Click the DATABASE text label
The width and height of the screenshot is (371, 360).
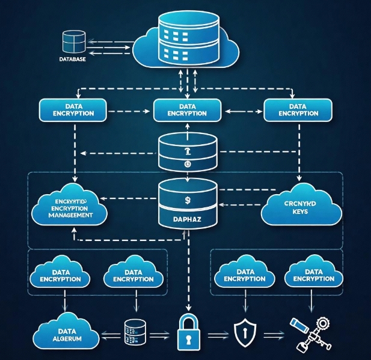coord(72,59)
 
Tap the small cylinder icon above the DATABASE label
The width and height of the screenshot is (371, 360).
coord(73,41)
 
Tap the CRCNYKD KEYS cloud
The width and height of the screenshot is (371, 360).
coord(295,207)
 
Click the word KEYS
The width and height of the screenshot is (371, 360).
coord(295,212)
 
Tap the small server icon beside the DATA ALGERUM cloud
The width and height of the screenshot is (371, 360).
coord(133,331)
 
